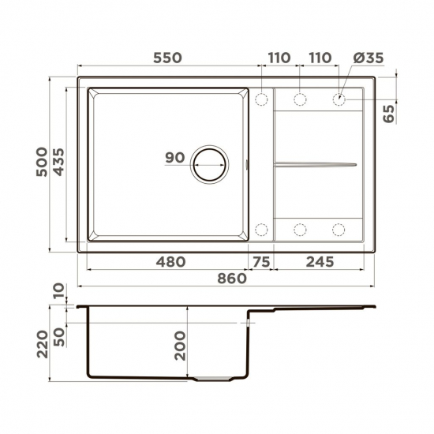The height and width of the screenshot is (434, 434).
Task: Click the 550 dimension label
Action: [x=166, y=58]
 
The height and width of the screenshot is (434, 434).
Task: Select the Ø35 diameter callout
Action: [x=369, y=58]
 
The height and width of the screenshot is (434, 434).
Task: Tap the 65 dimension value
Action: [x=387, y=111]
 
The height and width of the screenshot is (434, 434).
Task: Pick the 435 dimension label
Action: [x=59, y=163]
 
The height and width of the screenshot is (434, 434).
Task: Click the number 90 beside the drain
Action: [x=174, y=158]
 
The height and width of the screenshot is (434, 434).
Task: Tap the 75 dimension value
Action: [x=261, y=261]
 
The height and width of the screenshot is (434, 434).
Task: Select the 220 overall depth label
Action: [x=43, y=343]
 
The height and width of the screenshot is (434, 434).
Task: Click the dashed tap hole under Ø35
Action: [x=339, y=99]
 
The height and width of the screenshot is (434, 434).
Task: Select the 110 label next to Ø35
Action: [x=319, y=58]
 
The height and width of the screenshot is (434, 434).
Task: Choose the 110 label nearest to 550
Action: [x=279, y=58]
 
